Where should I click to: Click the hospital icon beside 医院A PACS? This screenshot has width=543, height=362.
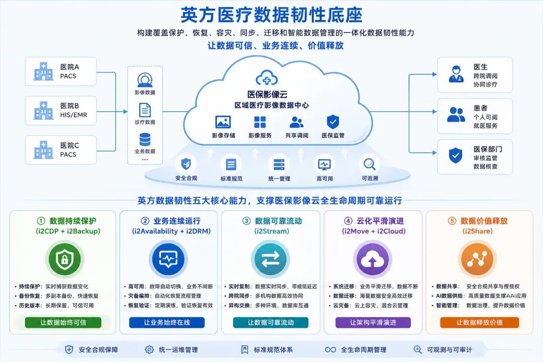43,72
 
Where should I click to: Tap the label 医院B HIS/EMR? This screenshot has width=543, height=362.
73,110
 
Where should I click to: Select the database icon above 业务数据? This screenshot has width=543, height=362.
145,140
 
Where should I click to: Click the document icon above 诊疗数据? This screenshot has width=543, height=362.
145,110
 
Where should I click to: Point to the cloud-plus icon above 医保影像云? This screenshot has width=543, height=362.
266,78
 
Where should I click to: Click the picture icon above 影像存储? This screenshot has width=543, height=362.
223,122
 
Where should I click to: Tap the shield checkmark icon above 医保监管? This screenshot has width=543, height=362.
333,122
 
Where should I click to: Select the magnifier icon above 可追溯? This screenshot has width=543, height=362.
369,164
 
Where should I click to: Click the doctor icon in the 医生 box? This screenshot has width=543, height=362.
456,74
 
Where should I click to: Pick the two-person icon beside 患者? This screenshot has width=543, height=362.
456,114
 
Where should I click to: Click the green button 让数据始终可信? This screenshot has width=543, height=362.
63,322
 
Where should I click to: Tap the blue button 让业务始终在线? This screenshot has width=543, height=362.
167,322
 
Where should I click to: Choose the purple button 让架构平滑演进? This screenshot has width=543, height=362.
373,322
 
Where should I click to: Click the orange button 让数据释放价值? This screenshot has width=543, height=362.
479,322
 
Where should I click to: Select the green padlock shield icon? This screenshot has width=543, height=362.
65,259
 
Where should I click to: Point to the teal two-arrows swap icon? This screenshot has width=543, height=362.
270,259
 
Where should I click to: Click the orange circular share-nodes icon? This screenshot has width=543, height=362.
477,259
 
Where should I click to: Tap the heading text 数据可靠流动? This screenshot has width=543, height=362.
279,221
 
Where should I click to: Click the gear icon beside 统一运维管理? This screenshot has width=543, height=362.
149,349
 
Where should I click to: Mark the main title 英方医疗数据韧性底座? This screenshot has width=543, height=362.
271,15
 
